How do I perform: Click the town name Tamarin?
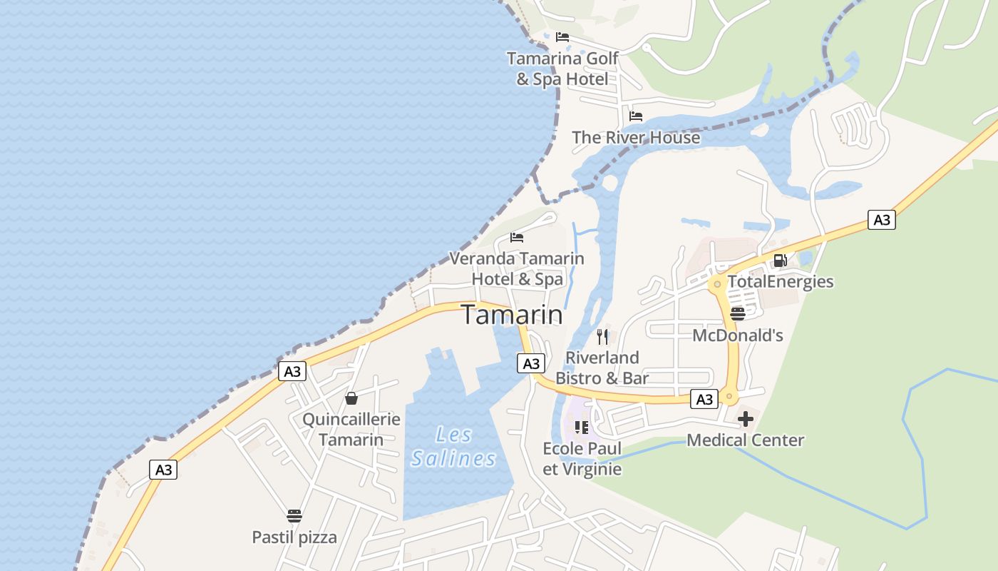pos(512,315)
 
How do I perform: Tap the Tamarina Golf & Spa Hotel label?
pos(562,69)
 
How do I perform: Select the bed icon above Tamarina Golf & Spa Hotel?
pos(562,37)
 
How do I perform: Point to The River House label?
pos(636,137)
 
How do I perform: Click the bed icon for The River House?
pos(636,116)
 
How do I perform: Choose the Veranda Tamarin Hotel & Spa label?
pos(517,268)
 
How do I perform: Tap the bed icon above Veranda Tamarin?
pos(517,237)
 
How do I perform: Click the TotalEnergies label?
pos(780,281)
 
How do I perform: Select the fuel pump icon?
pos(780,261)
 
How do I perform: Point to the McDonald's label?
pos(738,335)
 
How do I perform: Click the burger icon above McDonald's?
pos(738,313)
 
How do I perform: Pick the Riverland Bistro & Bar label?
pos(602,368)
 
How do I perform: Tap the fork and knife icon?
pos(602,336)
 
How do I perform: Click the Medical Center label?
pos(745,440)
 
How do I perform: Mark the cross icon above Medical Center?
pos(745,419)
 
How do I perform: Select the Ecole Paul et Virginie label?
pos(582,459)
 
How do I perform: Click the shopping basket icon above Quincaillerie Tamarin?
pos(351,398)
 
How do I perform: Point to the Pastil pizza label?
pos(294,537)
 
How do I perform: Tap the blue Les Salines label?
pos(453,446)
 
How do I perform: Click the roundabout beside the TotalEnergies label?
pos(717,284)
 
